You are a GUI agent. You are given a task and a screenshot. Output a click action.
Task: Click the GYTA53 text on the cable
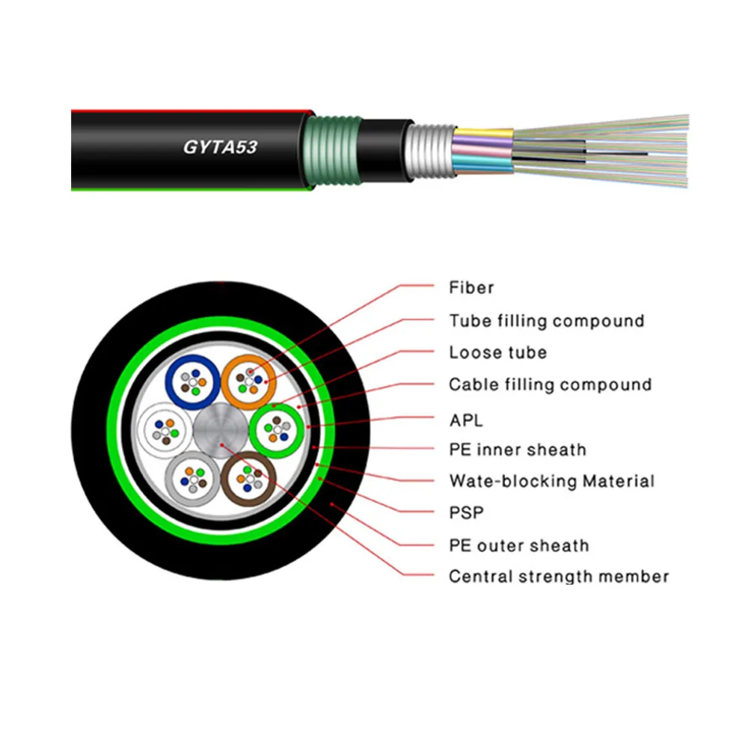[x=221, y=147]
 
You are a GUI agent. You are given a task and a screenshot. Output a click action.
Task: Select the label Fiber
[x=471, y=288]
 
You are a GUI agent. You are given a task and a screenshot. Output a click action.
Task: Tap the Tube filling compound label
[x=547, y=321]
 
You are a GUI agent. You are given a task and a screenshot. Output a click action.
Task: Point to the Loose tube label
[x=498, y=352]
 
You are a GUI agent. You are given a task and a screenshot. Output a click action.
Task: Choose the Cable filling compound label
[x=551, y=384]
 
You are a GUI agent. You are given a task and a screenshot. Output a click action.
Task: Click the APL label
[x=466, y=420]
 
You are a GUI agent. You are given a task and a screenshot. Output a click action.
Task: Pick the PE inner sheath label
[x=518, y=450]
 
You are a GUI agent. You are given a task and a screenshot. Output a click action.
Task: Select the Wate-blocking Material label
[x=552, y=481]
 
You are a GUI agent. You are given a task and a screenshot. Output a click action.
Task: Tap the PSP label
[x=467, y=513]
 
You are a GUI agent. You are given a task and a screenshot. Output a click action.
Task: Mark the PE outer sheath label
[x=519, y=545]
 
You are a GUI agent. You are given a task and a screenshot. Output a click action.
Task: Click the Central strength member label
[x=559, y=576]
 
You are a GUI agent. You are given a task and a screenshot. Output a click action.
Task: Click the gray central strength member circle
[x=221, y=430]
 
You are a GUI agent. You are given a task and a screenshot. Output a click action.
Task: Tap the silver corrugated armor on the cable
[x=430, y=151]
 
